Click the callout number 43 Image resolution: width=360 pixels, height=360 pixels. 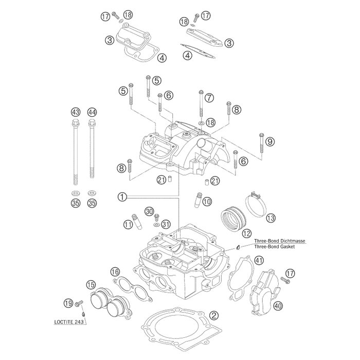point(76,112)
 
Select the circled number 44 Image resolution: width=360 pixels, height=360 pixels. point(92,112)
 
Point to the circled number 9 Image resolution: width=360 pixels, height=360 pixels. point(270,142)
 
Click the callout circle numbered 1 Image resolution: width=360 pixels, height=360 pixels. point(122,196)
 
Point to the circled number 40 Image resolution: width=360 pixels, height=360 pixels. point(278,307)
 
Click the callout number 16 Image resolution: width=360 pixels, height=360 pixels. point(115,272)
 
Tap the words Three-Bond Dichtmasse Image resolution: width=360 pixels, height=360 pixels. point(277,240)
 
